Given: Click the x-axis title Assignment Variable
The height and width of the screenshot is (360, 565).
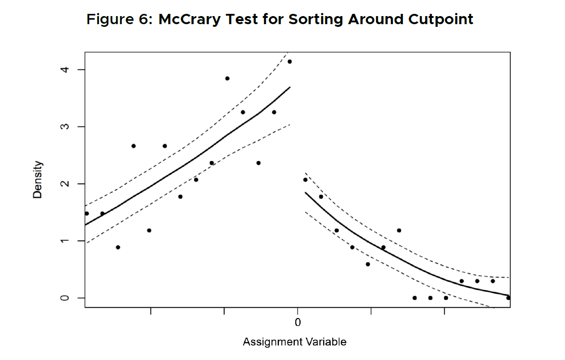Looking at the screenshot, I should coord(294,342).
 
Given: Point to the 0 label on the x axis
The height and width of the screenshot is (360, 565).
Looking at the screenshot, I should coord(297,322).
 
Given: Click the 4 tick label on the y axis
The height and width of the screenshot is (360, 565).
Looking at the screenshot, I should coord(66,70).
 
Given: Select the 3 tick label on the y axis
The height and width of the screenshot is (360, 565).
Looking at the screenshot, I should coord(66,127).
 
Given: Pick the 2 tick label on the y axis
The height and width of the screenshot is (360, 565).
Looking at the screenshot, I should coord(66,184).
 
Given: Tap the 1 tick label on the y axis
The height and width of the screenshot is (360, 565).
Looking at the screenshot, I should coord(66,241).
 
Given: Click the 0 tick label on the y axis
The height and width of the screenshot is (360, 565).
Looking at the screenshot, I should coord(66,298).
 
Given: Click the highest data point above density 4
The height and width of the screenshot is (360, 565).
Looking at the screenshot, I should coord(290,62).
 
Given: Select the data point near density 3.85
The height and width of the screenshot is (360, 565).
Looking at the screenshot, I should coord(227,78).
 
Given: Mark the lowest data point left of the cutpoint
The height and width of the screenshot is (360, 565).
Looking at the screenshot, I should coord(118,247).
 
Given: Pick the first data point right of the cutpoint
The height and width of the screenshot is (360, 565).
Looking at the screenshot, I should coord(305,180).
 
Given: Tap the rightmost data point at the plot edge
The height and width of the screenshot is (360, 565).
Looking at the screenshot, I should coord(508,298).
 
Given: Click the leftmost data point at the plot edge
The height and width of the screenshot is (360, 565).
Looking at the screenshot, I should coord(87,213).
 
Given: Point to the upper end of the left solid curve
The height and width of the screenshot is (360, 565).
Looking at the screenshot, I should coord(290,87).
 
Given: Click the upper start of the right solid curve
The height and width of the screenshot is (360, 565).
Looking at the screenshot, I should coord(306,192).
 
